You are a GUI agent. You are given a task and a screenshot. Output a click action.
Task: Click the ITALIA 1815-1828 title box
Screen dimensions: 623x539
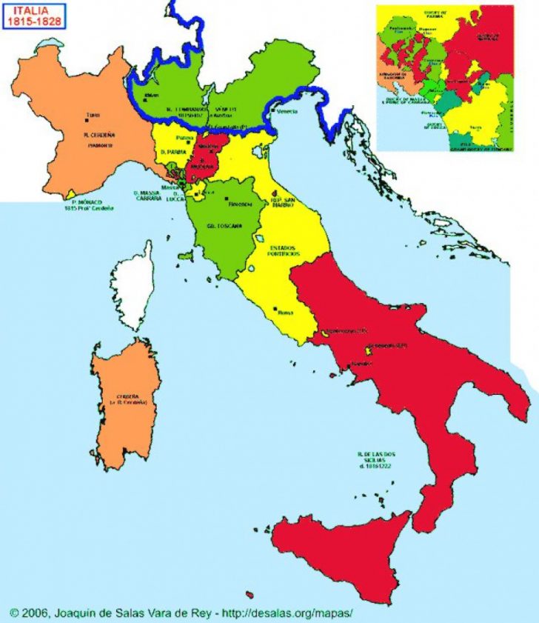coord(35,16)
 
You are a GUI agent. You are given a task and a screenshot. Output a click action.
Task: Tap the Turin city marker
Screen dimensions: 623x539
coord(87,121)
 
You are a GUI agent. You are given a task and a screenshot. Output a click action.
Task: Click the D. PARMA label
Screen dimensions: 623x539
coord(173,153)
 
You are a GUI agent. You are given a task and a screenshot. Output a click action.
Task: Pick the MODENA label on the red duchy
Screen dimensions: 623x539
coord(201,167)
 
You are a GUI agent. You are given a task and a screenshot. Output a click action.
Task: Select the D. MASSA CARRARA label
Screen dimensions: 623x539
coord(147,196)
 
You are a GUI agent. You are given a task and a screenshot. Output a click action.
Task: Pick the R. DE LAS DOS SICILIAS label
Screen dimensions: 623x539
coord(372,459)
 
